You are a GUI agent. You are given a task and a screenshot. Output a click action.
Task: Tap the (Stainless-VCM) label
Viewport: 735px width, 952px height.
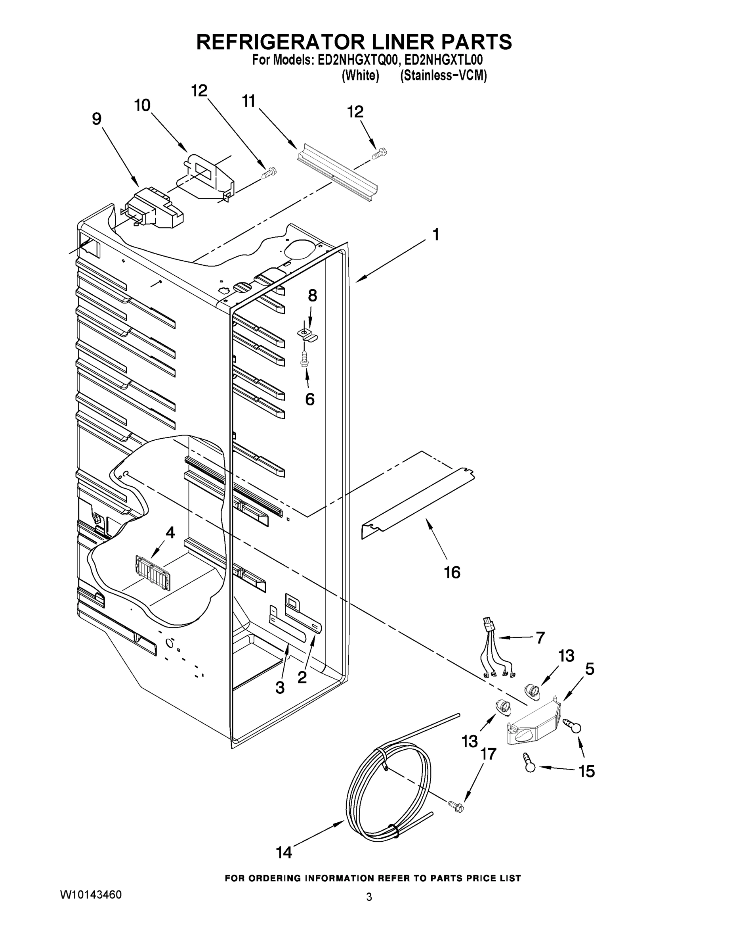[x=443, y=75]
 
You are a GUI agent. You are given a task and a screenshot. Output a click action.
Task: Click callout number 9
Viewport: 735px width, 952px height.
[x=97, y=119]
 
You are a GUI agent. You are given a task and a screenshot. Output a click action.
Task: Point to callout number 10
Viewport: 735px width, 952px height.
[x=142, y=105]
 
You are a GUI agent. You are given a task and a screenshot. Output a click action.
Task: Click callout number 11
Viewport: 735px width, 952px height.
[x=248, y=101]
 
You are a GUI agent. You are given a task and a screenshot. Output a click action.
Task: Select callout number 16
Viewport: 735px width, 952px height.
[x=452, y=572]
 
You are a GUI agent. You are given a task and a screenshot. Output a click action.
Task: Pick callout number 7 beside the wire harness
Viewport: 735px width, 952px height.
[x=540, y=638]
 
